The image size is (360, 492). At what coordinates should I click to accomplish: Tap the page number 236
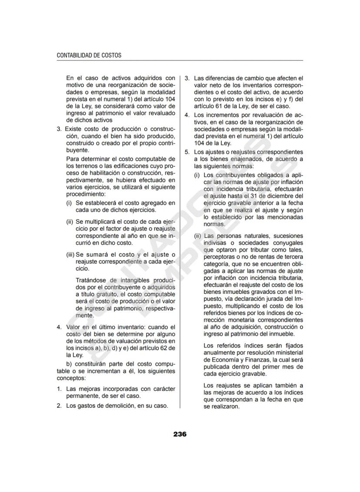(x=180, y=434)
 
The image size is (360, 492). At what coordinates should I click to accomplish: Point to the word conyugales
(x=287, y=243)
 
